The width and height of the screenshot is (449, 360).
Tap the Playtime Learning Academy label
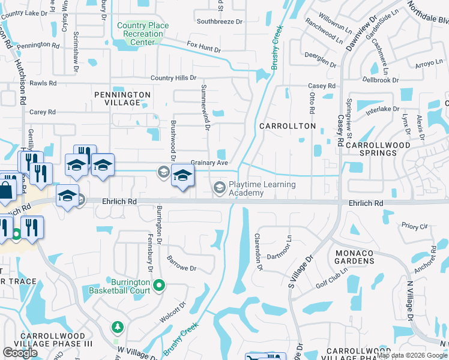pyautogui.click(x=262, y=188)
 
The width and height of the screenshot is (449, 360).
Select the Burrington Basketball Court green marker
pyautogui.click(x=158, y=285)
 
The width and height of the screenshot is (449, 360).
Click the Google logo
pyautogui.click(x=20, y=352)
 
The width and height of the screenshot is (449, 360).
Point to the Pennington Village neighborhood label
pyautogui.click(x=122, y=98)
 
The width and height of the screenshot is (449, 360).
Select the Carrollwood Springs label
pyautogui.click(x=378, y=149)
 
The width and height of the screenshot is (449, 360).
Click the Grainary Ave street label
pyautogui.click(x=209, y=163)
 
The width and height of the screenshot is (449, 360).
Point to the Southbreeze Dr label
pyautogui.click(x=219, y=22)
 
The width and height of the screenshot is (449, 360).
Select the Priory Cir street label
pyautogui.click(x=415, y=227)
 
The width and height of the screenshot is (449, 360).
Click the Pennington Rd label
pyautogui.click(x=38, y=45)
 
